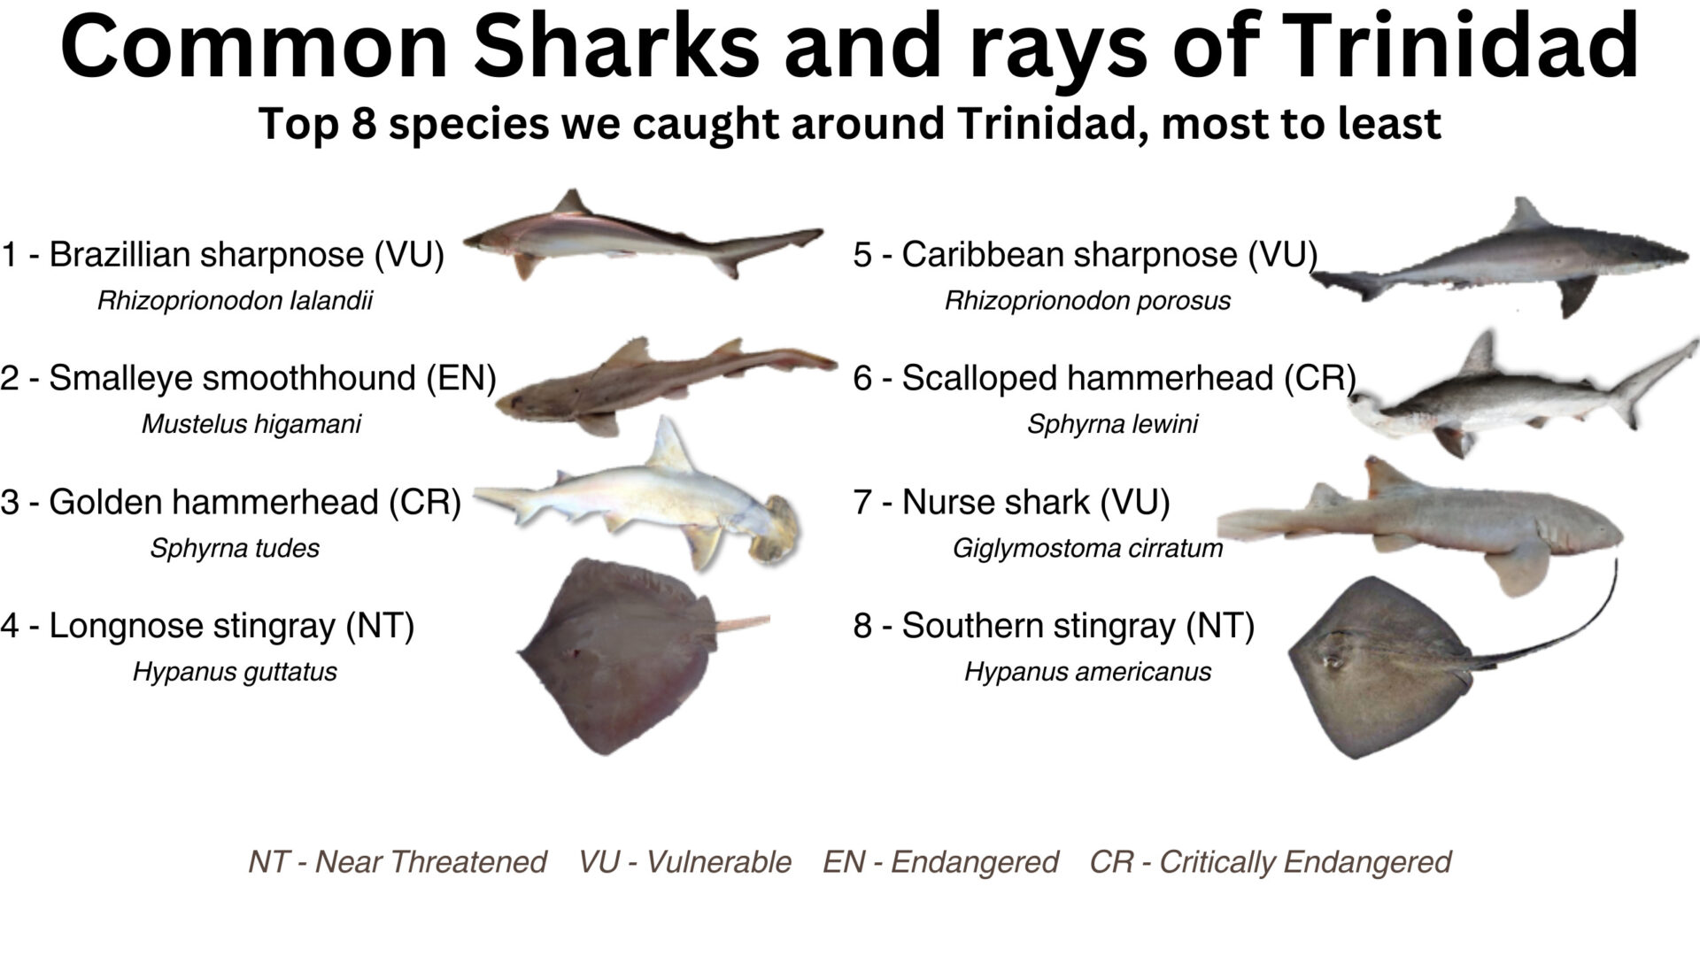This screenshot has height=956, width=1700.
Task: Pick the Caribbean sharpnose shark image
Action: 1505,261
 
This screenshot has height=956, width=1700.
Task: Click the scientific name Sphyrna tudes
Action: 235,548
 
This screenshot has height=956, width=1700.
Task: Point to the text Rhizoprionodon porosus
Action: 1087,301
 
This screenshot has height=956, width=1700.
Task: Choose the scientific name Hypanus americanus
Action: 1087,672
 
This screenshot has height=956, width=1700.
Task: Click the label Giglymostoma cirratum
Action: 1087,549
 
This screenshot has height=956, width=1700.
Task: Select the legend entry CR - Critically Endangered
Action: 1271,861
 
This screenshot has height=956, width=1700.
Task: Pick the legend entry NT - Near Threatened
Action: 398,861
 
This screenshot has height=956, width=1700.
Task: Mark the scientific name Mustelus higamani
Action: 251,424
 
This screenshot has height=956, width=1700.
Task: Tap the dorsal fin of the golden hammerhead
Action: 668,443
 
